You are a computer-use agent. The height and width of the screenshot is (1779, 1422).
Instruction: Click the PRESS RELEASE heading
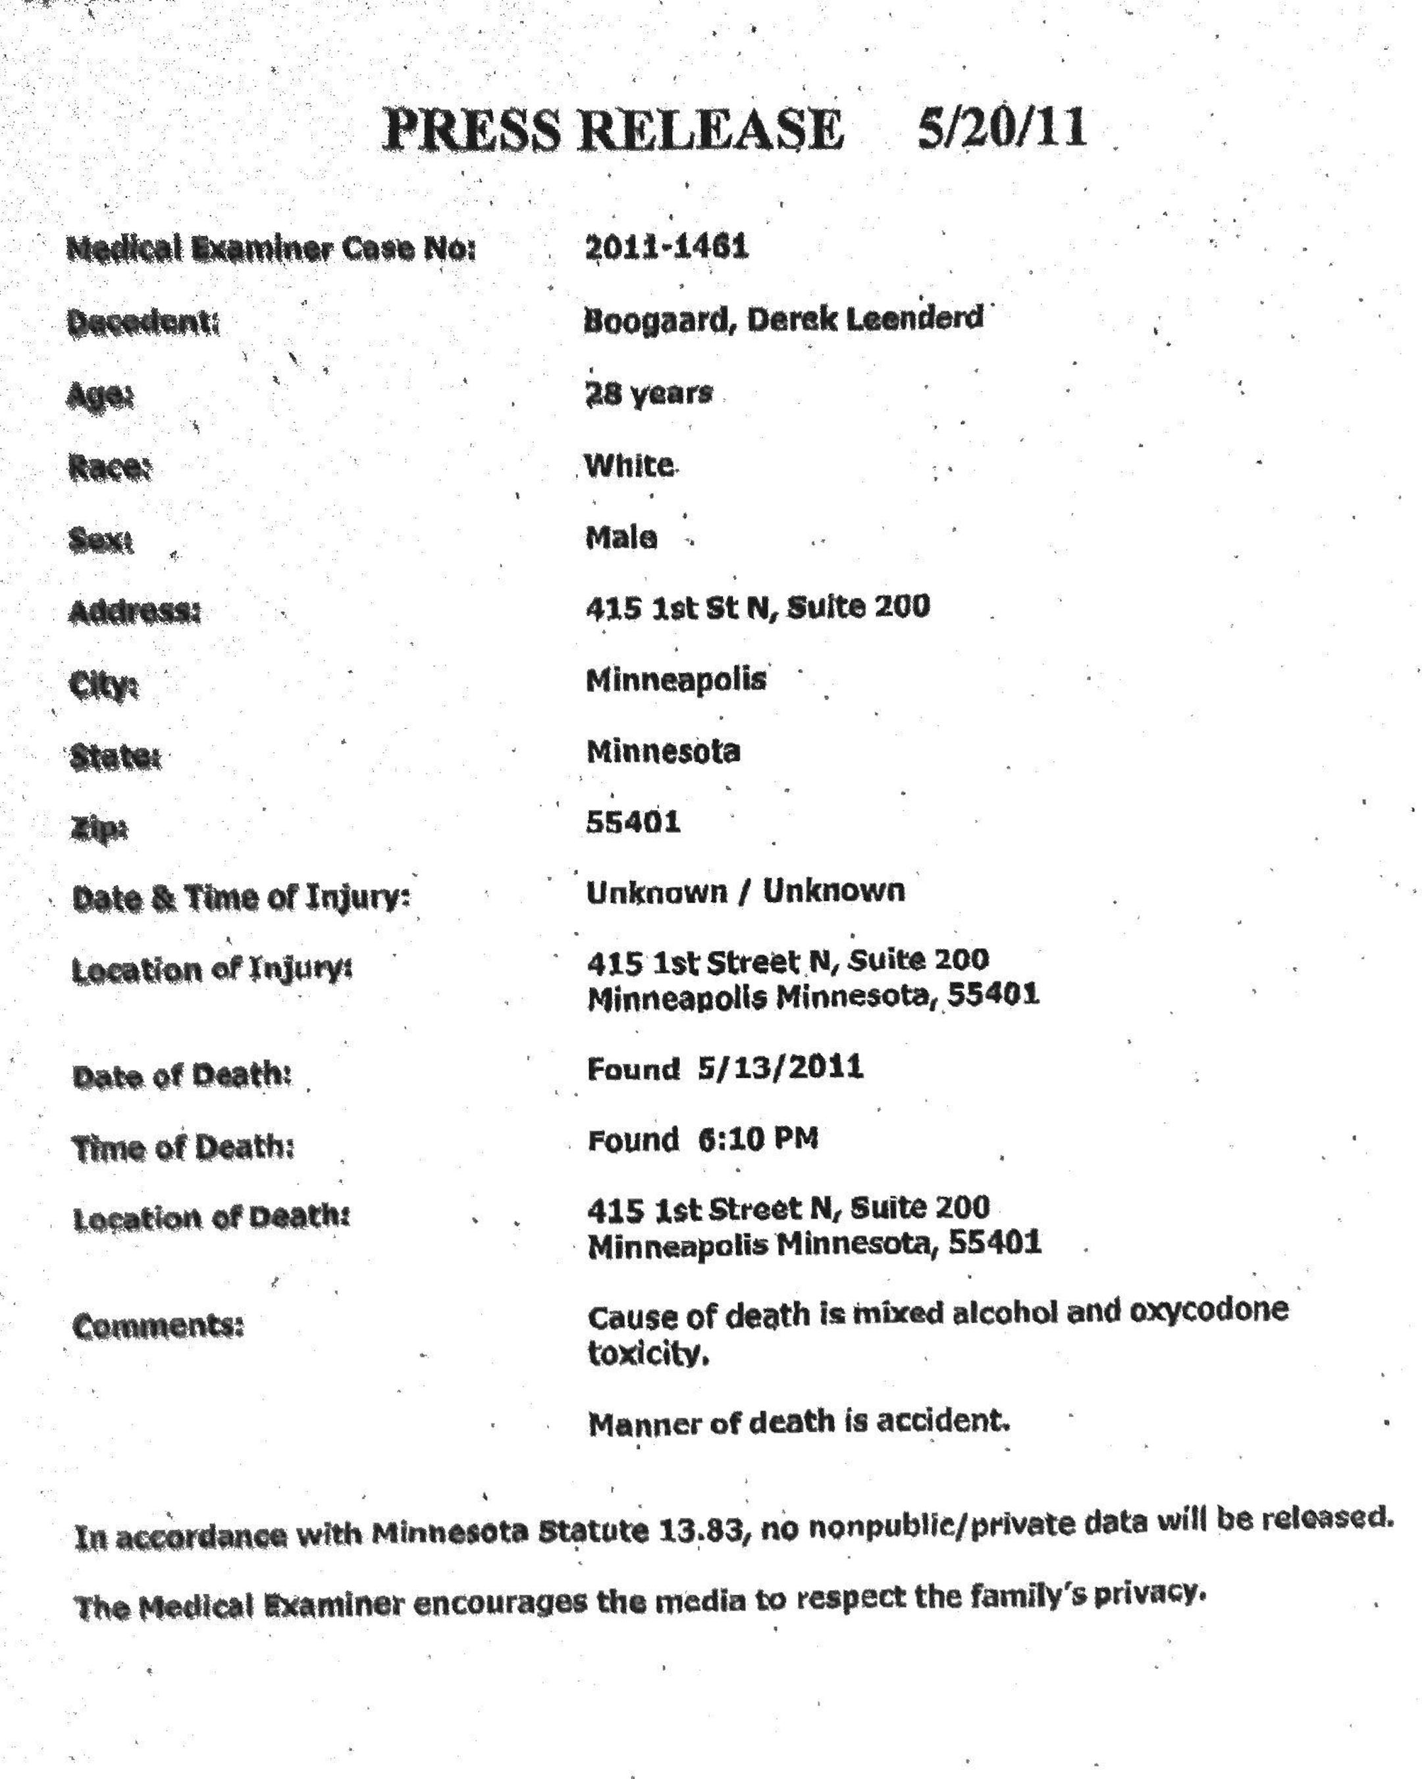[614, 130]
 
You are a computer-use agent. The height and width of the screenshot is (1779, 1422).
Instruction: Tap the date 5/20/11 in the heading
[1001, 128]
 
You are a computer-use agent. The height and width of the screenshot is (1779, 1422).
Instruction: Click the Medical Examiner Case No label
[271, 248]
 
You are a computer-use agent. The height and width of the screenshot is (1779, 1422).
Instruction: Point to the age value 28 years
[648, 393]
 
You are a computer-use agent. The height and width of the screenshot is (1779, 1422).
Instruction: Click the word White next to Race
[629, 465]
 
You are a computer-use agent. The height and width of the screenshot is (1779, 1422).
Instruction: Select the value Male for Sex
[621, 538]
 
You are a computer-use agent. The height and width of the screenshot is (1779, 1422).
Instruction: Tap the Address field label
[134, 612]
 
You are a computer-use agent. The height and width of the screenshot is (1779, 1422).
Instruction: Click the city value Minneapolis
[675, 679]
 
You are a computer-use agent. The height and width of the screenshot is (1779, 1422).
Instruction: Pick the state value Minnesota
[663, 751]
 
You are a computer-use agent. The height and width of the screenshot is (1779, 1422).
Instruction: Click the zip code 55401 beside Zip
[633, 822]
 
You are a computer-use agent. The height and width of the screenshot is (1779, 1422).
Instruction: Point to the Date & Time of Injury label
[241, 897]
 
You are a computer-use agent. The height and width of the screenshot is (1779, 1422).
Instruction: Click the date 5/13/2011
[780, 1067]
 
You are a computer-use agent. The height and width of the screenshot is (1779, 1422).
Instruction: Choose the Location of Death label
[211, 1218]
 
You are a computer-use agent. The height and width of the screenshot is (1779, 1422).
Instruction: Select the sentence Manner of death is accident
[799, 1421]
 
